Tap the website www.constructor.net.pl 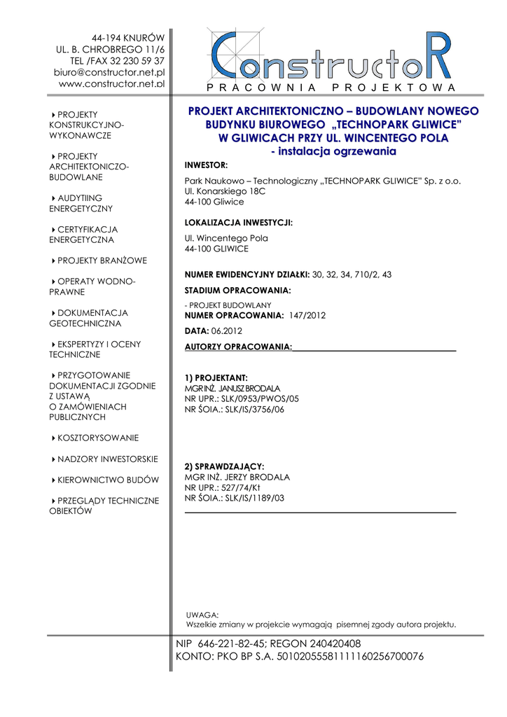(x=111, y=83)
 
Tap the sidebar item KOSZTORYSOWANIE (x=98, y=438)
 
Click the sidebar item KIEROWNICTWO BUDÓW (x=108, y=480)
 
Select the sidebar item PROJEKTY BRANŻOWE (x=102, y=261)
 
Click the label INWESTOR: (x=206, y=165)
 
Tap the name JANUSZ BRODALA (x=249, y=388)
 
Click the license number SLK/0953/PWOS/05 (x=260, y=398)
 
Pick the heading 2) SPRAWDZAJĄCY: (x=224, y=466)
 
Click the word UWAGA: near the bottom (x=202, y=614)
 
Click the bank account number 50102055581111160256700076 (x=351, y=657)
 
